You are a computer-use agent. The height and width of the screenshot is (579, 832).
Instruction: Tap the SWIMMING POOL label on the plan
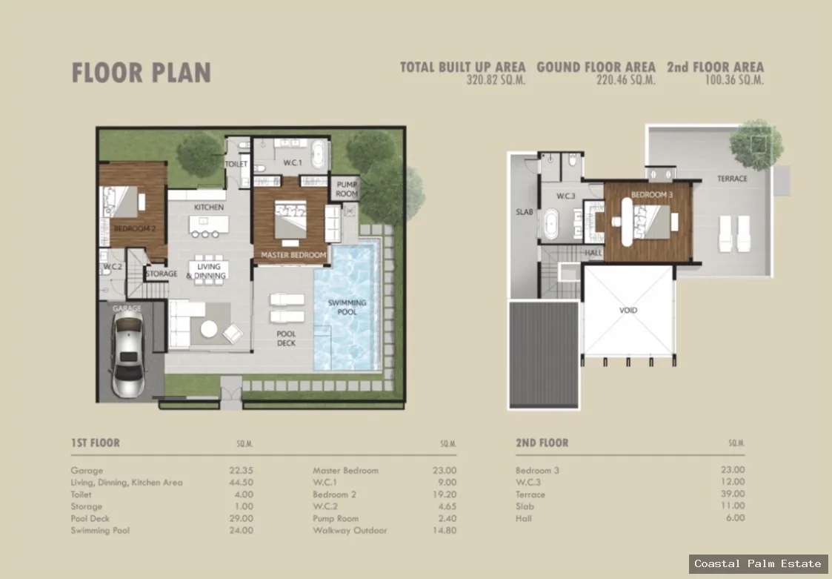(347, 307)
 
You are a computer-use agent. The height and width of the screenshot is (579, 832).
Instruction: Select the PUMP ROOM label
(347, 189)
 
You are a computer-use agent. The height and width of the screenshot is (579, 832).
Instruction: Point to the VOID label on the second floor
(628, 310)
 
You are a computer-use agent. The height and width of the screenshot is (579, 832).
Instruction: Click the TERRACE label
(732, 179)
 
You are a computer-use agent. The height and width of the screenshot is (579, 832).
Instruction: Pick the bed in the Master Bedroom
(290, 220)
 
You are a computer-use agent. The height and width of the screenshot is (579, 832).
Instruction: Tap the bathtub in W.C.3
(550, 224)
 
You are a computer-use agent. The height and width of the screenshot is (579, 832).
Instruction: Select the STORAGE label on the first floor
(162, 274)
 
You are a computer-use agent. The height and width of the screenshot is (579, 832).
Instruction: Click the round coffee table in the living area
(208, 329)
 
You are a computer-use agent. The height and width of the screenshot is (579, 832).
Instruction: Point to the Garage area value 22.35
(241, 471)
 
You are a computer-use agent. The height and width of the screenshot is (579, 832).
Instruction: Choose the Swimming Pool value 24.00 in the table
(241, 530)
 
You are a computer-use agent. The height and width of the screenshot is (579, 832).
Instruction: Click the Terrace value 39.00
(732, 494)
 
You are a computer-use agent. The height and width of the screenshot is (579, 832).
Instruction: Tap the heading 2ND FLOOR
(542, 443)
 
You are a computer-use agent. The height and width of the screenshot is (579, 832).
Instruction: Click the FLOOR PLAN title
(142, 73)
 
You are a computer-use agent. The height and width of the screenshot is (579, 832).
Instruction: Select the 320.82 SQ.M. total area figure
(496, 80)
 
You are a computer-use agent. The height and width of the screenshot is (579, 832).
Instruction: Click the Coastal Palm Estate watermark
(758, 563)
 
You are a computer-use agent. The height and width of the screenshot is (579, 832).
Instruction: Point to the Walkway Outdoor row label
(350, 530)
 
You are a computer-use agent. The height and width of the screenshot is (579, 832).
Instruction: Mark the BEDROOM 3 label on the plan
(651, 194)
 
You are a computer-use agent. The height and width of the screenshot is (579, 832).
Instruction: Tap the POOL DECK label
(286, 338)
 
